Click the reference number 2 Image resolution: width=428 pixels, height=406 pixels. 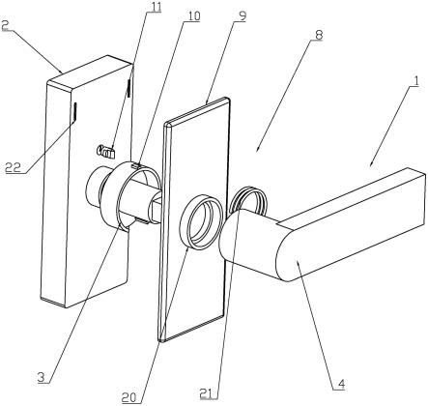coord(5,25)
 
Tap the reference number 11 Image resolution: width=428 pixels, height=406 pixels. coord(155,8)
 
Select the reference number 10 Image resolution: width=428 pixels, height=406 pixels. coord(193,16)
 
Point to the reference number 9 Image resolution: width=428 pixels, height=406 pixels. coord(241,16)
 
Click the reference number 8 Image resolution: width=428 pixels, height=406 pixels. coord(318,36)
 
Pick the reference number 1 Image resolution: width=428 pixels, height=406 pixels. coord(415,81)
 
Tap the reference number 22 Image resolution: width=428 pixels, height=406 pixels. coord(13,167)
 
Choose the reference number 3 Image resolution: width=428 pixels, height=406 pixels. coord(41,377)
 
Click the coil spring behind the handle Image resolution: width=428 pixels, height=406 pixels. coord(248,199)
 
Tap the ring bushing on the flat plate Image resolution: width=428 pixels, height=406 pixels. coord(201,222)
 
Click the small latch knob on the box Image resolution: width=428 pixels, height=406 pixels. coord(106,151)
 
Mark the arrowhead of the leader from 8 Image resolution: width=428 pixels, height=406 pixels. coord(258,150)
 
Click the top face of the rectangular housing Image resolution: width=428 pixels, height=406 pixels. coord(89,72)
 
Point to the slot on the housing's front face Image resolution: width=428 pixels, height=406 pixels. coord(74,113)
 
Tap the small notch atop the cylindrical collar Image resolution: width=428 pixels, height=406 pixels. coord(137,165)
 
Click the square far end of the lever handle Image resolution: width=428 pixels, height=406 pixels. coord(417,196)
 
